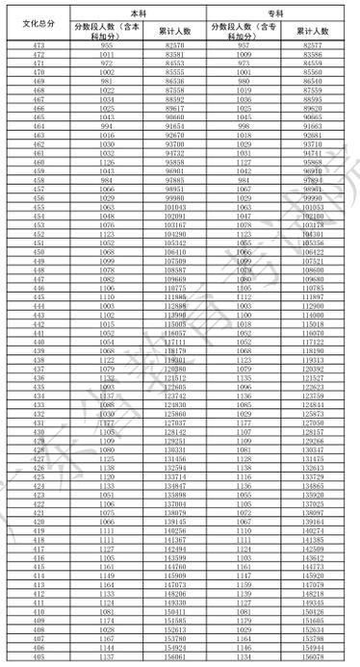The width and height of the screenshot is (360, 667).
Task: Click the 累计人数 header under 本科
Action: coord(174,31)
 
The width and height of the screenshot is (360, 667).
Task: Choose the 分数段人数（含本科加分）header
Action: coord(107,31)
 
